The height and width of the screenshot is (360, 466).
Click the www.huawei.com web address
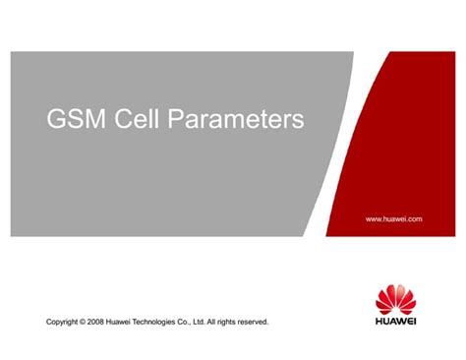[393, 218]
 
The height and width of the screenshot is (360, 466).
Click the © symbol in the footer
[93, 322]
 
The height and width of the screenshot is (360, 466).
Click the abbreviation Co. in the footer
[215, 322]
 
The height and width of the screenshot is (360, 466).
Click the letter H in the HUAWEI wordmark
[379, 320]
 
